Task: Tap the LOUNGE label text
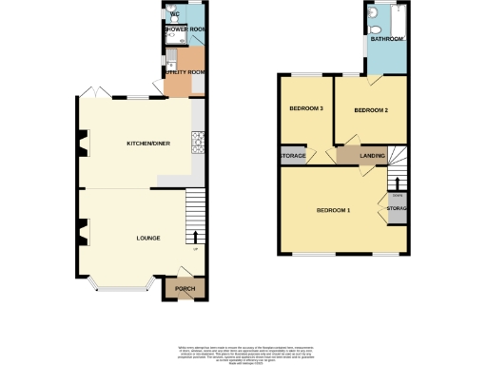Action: click(x=147, y=238)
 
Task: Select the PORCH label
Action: click(x=185, y=289)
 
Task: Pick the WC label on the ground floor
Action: click(x=174, y=13)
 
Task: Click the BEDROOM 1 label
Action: click(x=333, y=209)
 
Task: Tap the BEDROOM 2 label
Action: click(x=371, y=110)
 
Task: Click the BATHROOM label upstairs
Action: click(x=387, y=40)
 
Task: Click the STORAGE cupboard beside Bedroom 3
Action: click(x=292, y=156)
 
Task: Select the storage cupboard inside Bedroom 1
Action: click(x=396, y=208)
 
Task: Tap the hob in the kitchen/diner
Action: click(x=199, y=144)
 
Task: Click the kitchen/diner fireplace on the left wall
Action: click(x=82, y=144)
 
